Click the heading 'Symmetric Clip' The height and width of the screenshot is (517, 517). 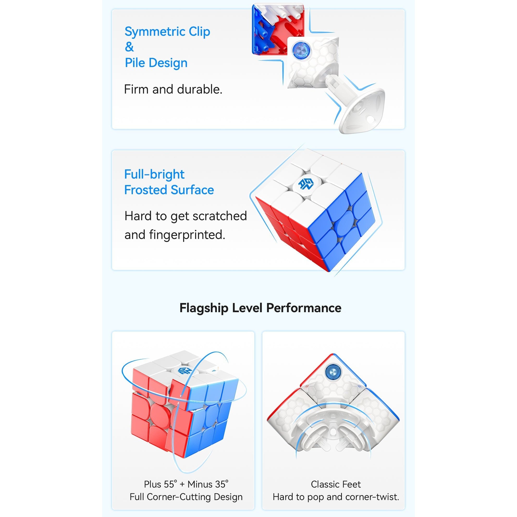point(167,32)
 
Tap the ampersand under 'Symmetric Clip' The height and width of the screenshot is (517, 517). point(129,47)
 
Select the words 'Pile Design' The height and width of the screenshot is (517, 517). point(156,63)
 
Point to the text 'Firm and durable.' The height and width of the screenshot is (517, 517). point(173,89)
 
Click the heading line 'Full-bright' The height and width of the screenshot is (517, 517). point(155,174)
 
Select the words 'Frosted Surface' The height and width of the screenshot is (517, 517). point(169,190)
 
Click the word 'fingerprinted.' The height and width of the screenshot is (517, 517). point(187,235)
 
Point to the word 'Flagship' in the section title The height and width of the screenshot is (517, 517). point(204,308)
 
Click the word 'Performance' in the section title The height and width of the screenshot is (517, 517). point(304,308)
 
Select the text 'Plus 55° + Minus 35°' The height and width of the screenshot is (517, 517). point(186,484)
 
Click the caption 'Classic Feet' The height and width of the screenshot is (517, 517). point(336,484)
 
